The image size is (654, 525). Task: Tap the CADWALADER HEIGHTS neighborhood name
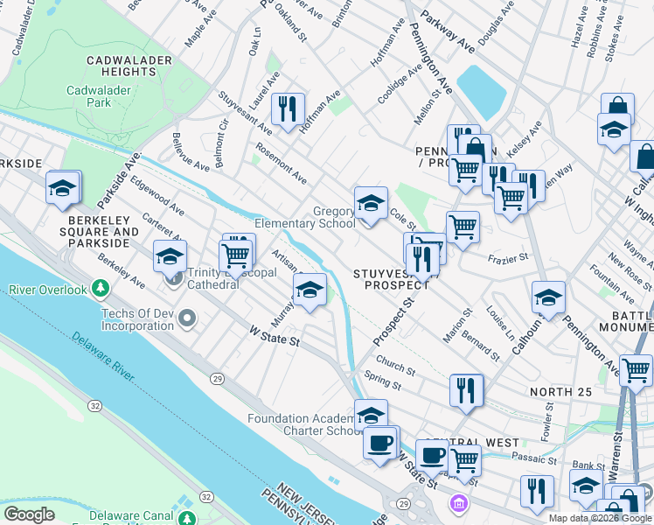pyautogui.click(x=121, y=66)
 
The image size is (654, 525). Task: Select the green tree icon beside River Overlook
pyautogui.click(x=101, y=288)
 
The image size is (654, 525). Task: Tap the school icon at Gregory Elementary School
pyautogui.click(x=371, y=206)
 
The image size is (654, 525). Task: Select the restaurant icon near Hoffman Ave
pyautogui.click(x=288, y=109)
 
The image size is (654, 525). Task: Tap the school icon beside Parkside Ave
pyautogui.click(x=63, y=188)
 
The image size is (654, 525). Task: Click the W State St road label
pyautogui.click(x=275, y=336)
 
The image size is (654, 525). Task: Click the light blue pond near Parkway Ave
pyautogui.click(x=480, y=90)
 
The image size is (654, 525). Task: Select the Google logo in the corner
pyautogui.click(x=29, y=514)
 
